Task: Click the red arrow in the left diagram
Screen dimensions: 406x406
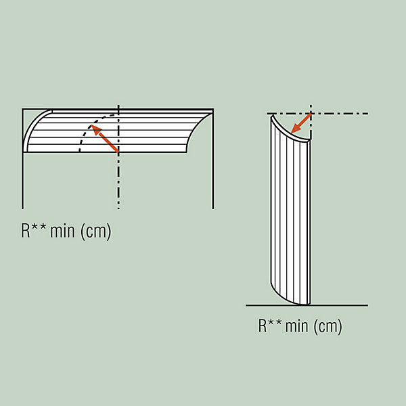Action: pyautogui.click(x=105, y=138)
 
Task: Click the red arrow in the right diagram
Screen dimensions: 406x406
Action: pyautogui.click(x=301, y=123)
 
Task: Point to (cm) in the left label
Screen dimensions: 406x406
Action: pyautogui.click(x=96, y=231)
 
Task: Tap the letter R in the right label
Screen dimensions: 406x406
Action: pyautogui.click(x=263, y=325)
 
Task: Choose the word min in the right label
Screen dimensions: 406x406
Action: pyautogui.click(x=298, y=325)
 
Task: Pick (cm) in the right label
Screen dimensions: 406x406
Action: pyautogui.click(x=328, y=326)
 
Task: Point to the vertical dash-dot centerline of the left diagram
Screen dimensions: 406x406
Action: pyautogui.click(x=118, y=157)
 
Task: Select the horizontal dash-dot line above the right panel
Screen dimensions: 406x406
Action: pyautogui.click(x=317, y=114)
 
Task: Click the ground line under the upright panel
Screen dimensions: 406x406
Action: pyautogui.click(x=307, y=306)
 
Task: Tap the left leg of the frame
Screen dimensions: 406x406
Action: pyautogui.click(x=23, y=159)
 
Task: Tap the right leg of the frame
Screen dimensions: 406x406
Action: pyautogui.click(x=213, y=159)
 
